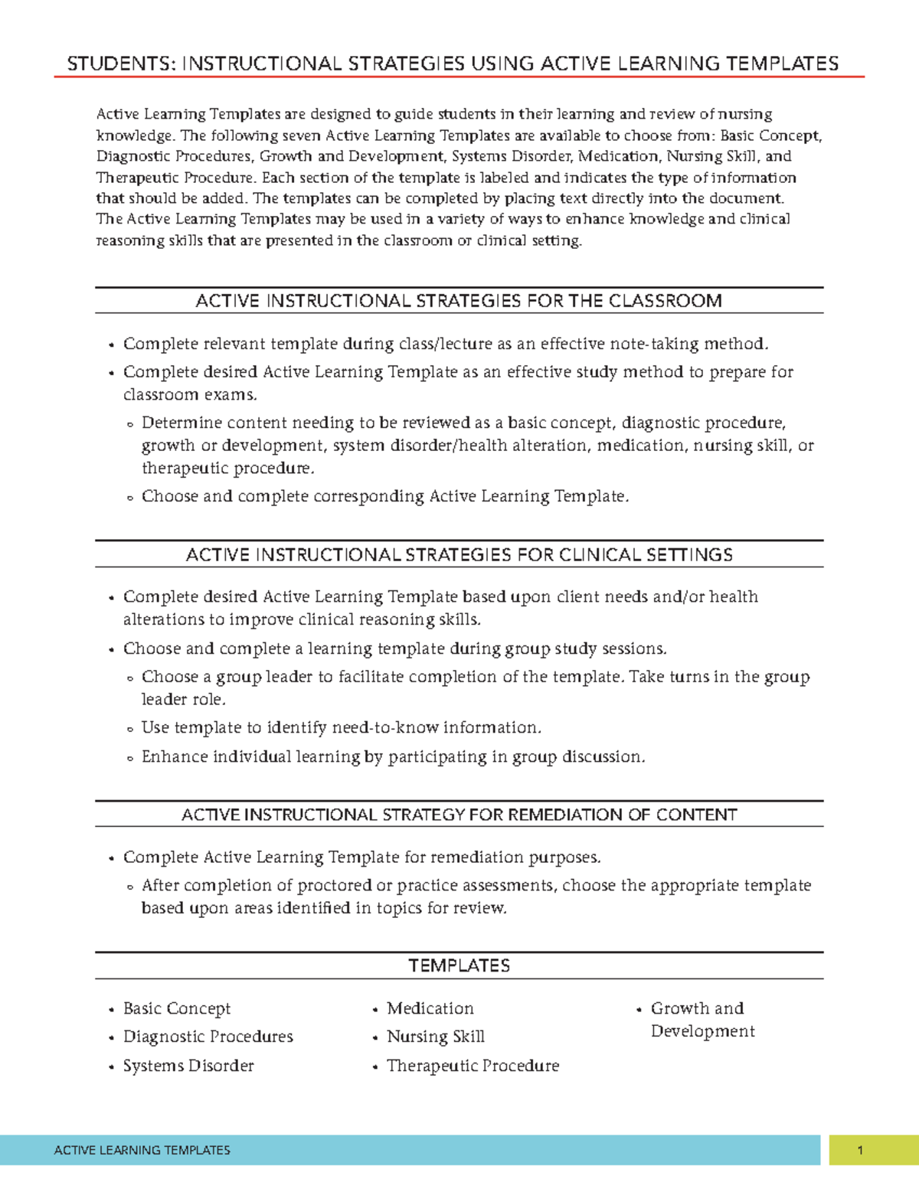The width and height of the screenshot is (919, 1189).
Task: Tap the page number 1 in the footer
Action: (x=860, y=1150)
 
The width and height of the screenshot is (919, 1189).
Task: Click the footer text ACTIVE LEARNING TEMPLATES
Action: (x=142, y=1150)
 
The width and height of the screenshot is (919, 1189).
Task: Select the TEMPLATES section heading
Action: (x=459, y=965)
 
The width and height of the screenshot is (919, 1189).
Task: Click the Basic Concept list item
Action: (x=176, y=1008)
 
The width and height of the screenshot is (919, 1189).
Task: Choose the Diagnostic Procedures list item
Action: (x=208, y=1037)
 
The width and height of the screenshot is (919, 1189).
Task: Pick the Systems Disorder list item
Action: (x=188, y=1066)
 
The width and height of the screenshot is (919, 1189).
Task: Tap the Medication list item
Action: (x=430, y=1008)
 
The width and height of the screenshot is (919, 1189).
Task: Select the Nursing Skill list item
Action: (x=435, y=1037)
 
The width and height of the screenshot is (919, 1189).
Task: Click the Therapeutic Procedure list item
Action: (x=473, y=1066)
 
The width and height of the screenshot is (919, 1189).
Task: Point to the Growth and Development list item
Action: (x=702, y=1020)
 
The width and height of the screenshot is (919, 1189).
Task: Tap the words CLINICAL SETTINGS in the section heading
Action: (x=646, y=555)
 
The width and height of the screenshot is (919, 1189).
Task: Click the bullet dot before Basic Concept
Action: (x=112, y=1011)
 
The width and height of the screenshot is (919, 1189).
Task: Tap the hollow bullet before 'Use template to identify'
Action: (x=130, y=730)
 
